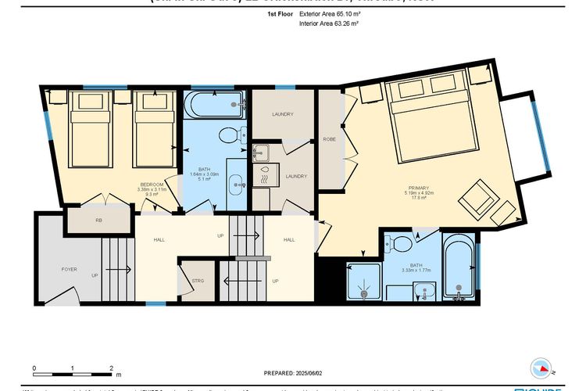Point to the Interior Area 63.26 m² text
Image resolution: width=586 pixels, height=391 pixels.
(x=328, y=24)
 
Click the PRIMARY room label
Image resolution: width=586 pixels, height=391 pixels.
(x=419, y=187)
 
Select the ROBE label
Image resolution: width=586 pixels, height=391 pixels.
(x=329, y=140)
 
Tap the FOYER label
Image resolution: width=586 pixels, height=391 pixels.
(x=70, y=269)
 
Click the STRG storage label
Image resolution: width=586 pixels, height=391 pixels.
(x=198, y=279)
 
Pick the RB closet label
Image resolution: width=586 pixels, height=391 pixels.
(x=98, y=221)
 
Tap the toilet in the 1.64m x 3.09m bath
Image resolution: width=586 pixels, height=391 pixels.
(x=227, y=135)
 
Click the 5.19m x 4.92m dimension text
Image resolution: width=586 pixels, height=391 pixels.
(x=419, y=193)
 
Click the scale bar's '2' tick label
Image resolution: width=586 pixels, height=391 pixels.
(x=111, y=367)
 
